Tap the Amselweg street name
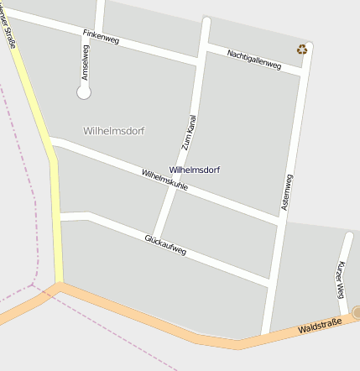[x=85, y=62]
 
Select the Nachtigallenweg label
[x=254, y=60]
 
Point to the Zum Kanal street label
[x=189, y=133]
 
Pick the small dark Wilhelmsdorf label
[x=195, y=170]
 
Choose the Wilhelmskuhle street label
[x=164, y=180]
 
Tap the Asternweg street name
[x=288, y=191]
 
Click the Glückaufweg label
[x=165, y=245]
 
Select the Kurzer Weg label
[x=341, y=280]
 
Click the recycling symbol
[x=302, y=50]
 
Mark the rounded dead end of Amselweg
[x=83, y=93]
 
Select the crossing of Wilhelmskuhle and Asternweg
[x=279, y=221]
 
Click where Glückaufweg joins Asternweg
[x=269, y=286]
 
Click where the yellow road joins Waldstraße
[x=59, y=285]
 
